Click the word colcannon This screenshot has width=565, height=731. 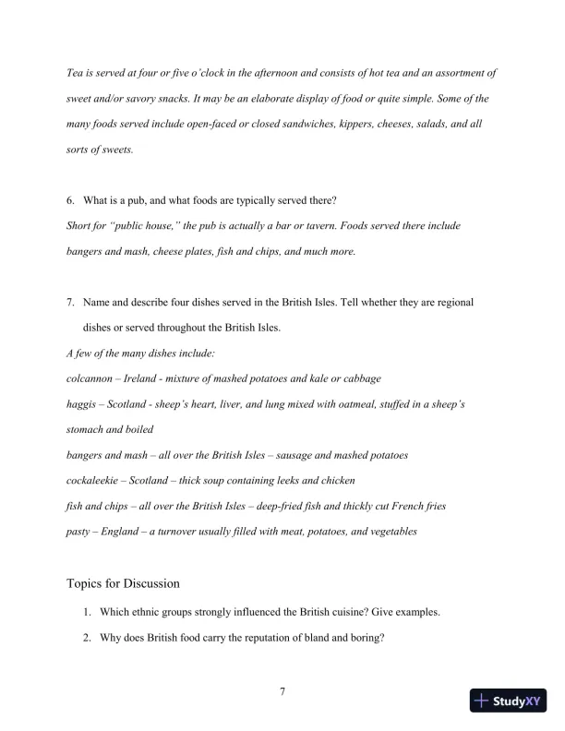[90, 379]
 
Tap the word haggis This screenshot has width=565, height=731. [81, 404]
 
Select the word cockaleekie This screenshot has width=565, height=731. [92, 481]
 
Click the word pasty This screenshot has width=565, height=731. [79, 532]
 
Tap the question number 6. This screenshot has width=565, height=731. [71, 199]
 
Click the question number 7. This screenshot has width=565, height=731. [71, 302]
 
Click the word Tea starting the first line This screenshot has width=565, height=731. [76, 73]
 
